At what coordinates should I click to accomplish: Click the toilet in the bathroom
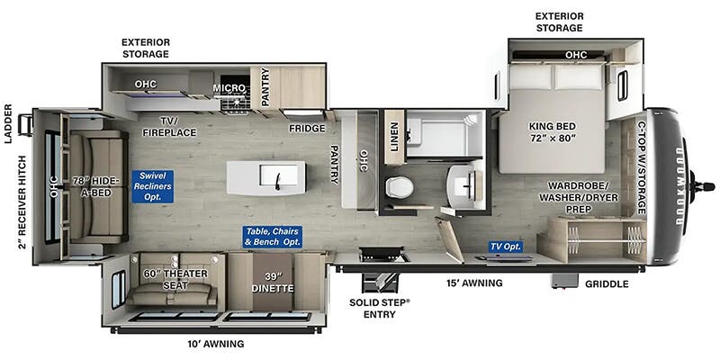pos(400,188)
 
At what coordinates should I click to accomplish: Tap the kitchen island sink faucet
pos(278,181)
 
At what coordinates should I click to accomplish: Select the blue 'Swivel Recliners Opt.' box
pos(152,186)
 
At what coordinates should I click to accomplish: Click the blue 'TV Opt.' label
pos(506,247)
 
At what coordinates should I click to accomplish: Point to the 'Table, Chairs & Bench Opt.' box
pos(273,237)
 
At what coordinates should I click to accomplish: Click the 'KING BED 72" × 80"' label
pos(552,131)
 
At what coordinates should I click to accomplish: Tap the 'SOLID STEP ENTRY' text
pos(379,308)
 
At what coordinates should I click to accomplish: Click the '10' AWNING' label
pos(215,344)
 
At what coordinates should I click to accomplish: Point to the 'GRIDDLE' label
pos(607,284)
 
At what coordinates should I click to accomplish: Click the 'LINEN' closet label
pos(395,137)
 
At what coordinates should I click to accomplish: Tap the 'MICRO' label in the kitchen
pos(229,87)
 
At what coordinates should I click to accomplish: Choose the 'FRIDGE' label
pos(307,129)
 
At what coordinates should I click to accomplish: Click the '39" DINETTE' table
pos(273,282)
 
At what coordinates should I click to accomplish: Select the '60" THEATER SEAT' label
pos(175,280)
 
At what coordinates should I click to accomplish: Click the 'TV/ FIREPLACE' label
pos(169,127)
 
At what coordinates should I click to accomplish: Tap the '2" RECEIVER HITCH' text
pos(22,202)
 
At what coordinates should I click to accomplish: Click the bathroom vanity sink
pos(465,186)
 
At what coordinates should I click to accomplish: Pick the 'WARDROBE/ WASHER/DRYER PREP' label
pos(578,197)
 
